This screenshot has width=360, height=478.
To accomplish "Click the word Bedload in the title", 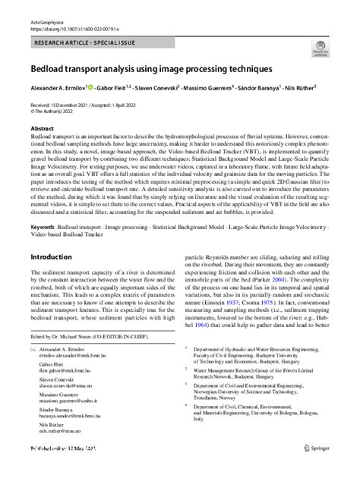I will (48, 69).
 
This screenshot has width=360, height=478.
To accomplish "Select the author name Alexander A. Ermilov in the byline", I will (58, 88).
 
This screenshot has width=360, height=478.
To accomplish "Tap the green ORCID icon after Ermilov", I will (90, 86).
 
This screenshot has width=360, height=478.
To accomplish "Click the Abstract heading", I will (42, 129).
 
